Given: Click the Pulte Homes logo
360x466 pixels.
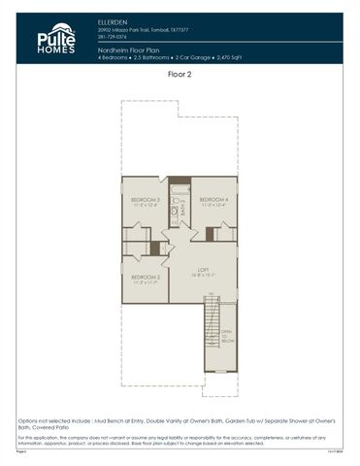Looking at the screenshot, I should pos(55,39).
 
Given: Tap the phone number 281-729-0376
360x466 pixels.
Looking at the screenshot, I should pos(113,37).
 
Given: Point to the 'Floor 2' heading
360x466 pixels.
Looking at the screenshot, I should pos(180,74).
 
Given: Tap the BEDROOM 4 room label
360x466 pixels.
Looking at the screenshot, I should pos(213,198).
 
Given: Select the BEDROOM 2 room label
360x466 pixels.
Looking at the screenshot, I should pos(145,277).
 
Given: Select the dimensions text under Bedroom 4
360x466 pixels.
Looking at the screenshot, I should pos(213,204).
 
